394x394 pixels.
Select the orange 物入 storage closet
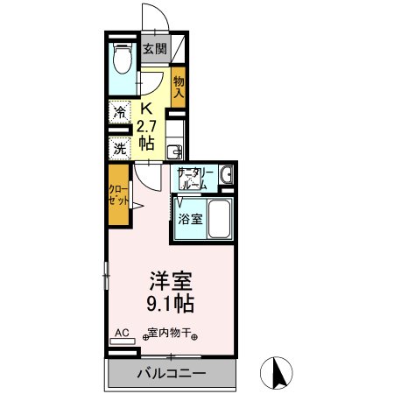pos(179,87)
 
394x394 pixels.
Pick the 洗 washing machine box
pos(118,148)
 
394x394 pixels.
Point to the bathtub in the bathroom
pos(218,222)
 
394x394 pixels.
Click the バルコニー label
pos(171,375)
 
